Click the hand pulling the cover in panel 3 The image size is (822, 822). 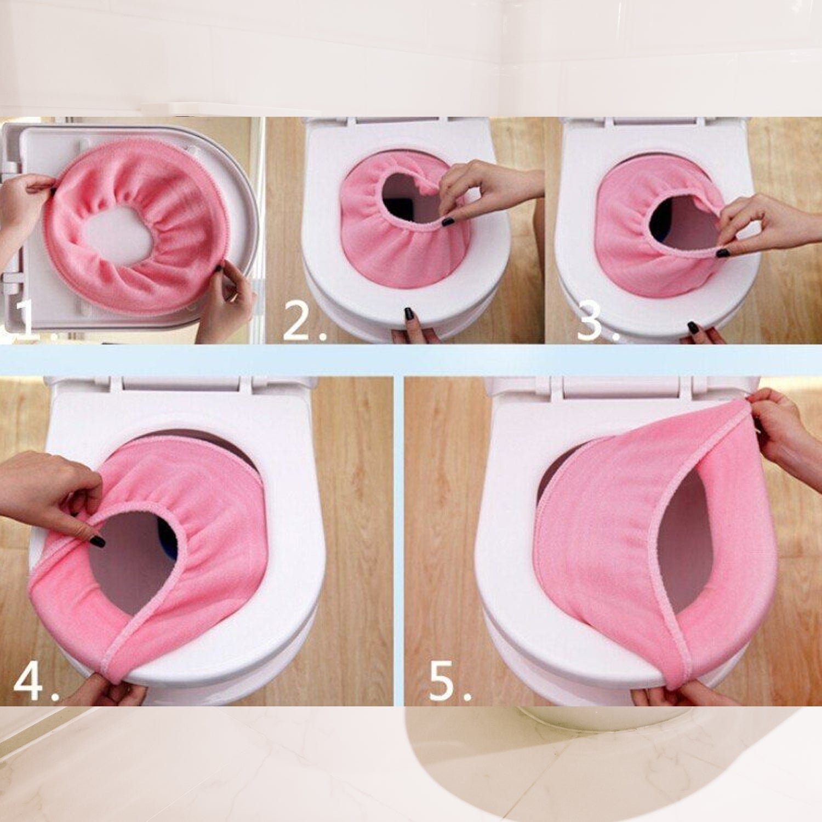pyautogui.click(x=767, y=225)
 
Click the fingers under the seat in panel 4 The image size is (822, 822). pyautogui.click(x=110, y=693)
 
